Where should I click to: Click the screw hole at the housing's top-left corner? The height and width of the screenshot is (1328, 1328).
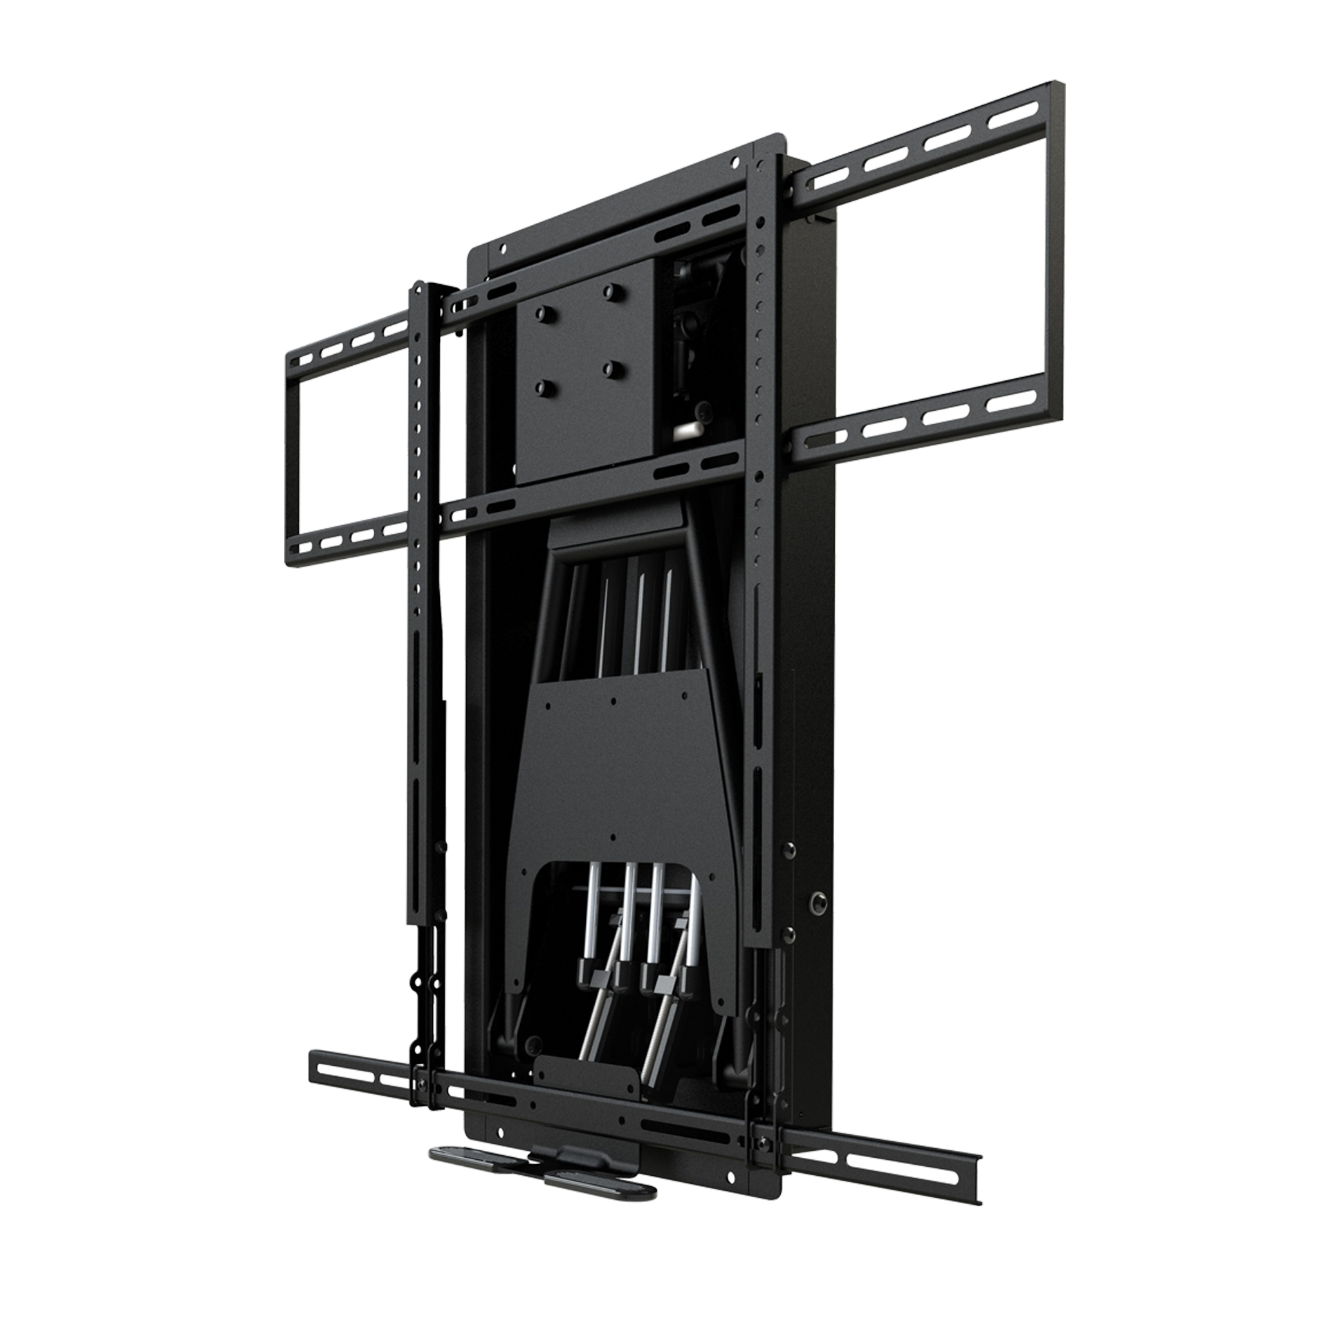tap(504, 248)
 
